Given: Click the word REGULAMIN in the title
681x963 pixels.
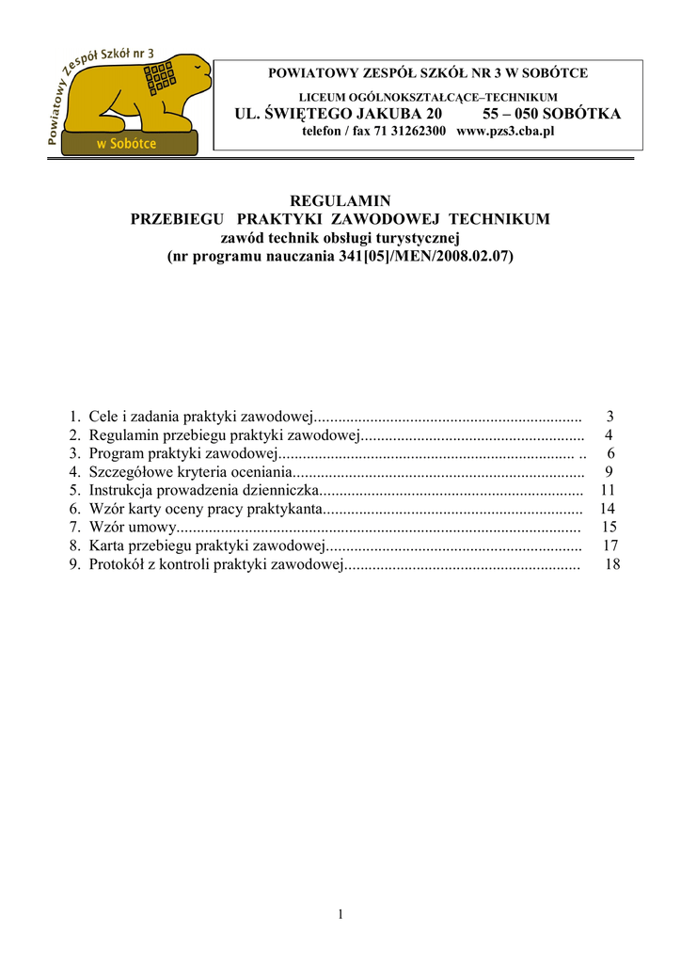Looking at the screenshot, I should [x=340, y=201].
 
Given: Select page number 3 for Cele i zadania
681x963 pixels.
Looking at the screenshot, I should [x=610, y=416].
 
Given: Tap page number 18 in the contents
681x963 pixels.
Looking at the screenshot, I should [x=612, y=564].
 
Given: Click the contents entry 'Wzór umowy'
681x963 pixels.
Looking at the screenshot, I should [x=132, y=528].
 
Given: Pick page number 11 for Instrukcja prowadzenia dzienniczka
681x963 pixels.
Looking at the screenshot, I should [x=607, y=490].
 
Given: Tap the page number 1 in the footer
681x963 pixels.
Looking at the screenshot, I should [x=340, y=914].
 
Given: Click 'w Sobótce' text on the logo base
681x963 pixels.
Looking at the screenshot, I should [x=127, y=144].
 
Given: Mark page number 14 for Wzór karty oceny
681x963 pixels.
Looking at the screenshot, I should [x=607, y=509].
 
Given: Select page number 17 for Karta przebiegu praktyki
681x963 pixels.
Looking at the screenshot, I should [x=610, y=546].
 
